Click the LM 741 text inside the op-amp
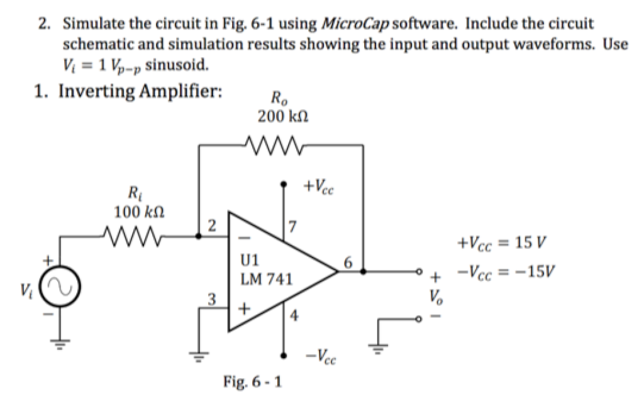pos(267,278)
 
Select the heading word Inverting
pos(97,92)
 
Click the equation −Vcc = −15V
pos(502,273)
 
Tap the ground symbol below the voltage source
pos(61,343)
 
